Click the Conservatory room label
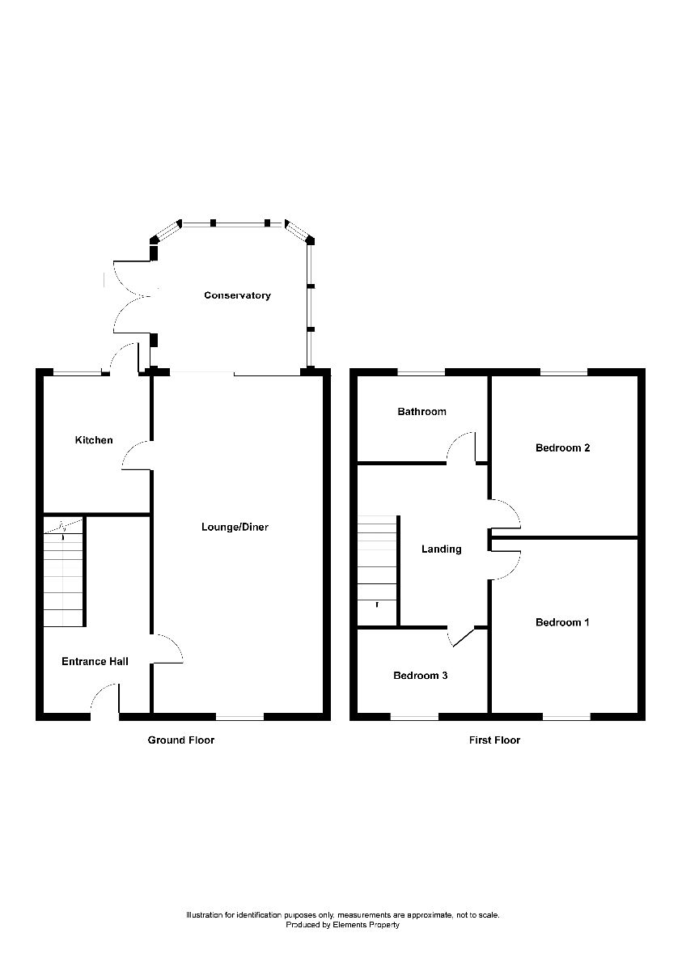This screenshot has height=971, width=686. pyautogui.click(x=237, y=295)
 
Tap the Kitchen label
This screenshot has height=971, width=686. pyautogui.click(x=94, y=440)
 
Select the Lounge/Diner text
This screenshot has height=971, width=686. pyautogui.click(x=235, y=528)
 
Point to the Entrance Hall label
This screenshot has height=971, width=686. pyautogui.click(x=95, y=662)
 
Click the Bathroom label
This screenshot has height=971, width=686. pyautogui.click(x=421, y=412)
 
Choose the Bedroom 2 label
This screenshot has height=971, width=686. pyautogui.click(x=562, y=447)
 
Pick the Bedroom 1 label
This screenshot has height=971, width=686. pyautogui.click(x=562, y=622)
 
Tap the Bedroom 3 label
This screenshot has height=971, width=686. pyautogui.click(x=421, y=676)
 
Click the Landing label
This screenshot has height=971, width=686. pyautogui.click(x=442, y=549)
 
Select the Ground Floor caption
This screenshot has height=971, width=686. pyautogui.click(x=180, y=740)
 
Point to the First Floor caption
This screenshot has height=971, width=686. pyautogui.click(x=494, y=740)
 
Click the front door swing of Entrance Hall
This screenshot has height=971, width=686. pyautogui.click(x=106, y=698)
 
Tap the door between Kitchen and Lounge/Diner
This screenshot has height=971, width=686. pyautogui.click(x=136, y=456)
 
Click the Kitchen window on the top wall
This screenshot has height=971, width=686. pyautogui.click(x=77, y=372)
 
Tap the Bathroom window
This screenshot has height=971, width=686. pyautogui.click(x=421, y=372)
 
